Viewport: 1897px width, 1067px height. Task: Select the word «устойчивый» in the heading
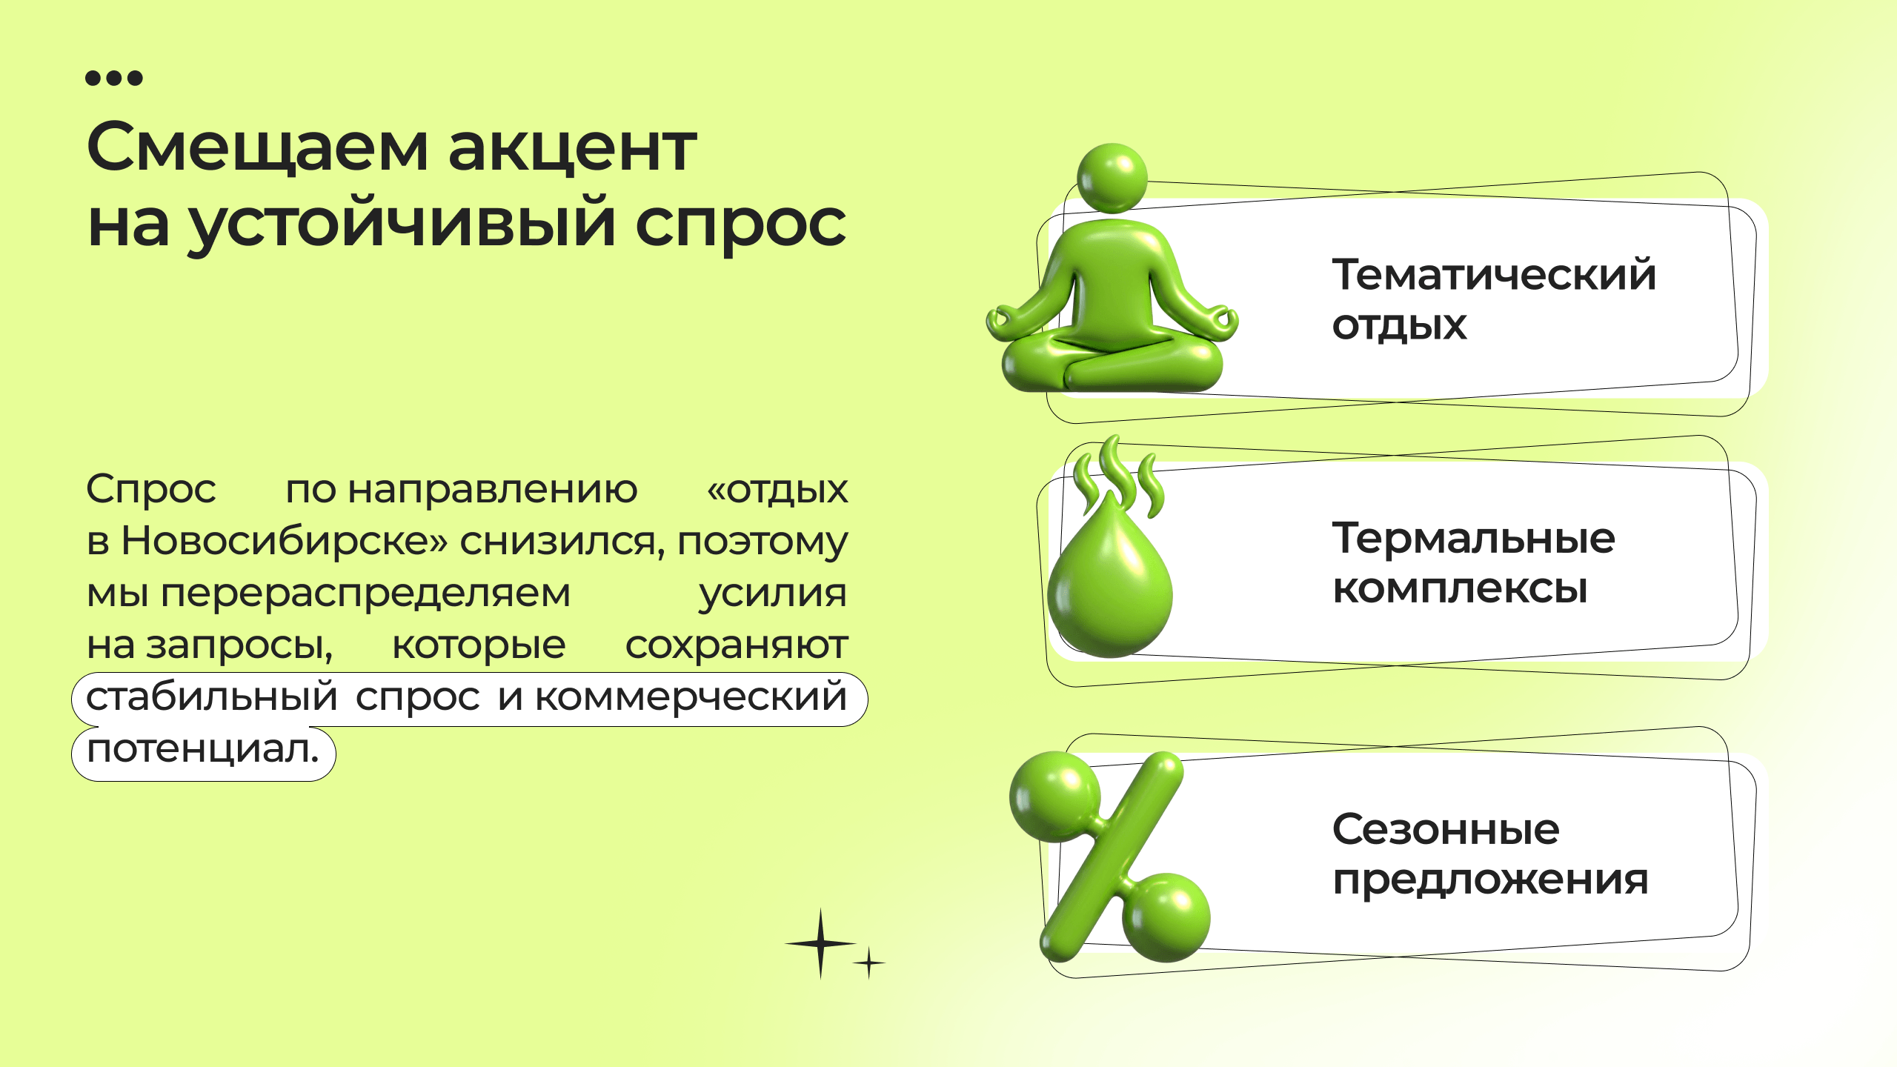(402, 223)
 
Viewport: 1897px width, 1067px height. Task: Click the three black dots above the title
(114, 78)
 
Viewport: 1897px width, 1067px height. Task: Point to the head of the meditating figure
(1112, 179)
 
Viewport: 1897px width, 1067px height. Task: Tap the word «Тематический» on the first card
(1494, 275)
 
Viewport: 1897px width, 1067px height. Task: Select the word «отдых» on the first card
(1399, 326)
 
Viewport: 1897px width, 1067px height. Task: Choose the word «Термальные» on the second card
(1473, 538)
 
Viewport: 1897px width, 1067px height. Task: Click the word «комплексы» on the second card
(1460, 590)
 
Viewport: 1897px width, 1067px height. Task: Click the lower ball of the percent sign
(1166, 917)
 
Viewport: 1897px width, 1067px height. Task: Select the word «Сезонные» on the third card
(1446, 829)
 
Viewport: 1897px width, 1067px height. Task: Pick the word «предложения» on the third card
(1490, 881)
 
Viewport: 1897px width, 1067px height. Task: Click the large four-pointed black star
(820, 943)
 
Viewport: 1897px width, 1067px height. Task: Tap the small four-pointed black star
(868, 963)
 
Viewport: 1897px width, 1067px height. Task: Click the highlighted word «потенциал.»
(203, 751)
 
